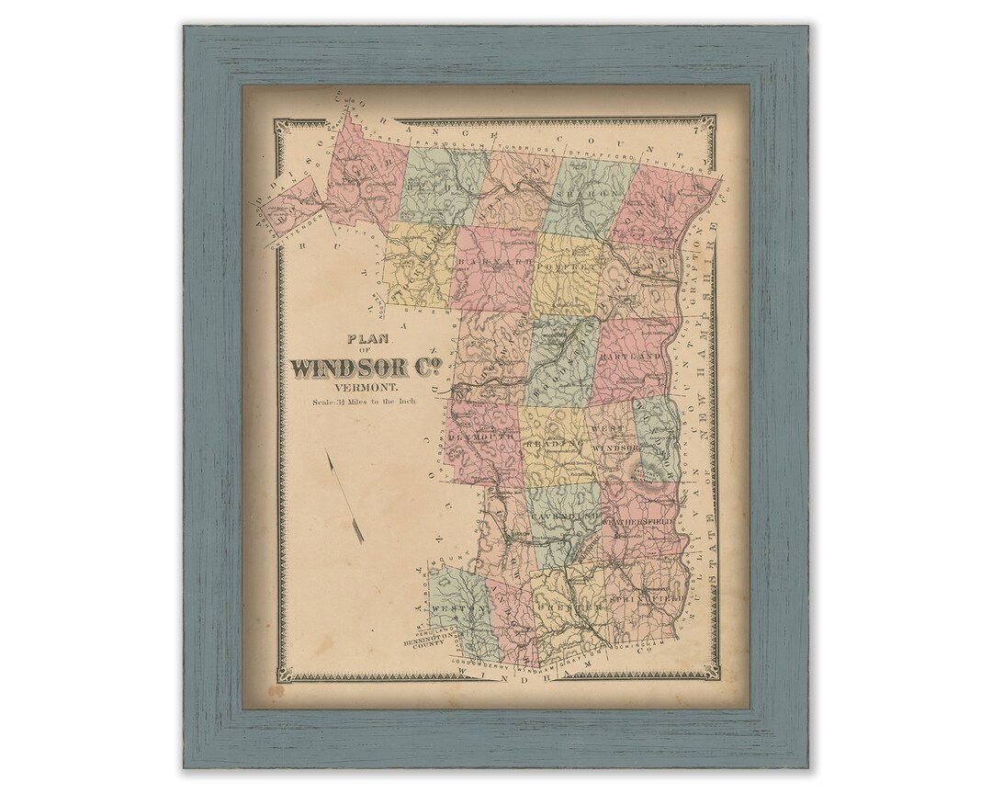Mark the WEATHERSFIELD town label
637,521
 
